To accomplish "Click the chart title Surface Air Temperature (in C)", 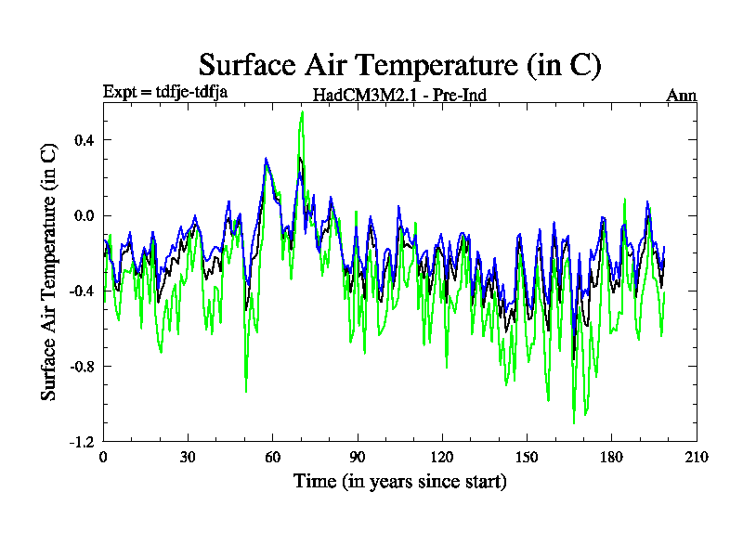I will pos(400,65).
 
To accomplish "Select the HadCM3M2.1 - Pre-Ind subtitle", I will pos(399,95).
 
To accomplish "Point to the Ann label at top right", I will pos(682,95).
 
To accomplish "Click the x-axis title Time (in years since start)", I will pos(400,482).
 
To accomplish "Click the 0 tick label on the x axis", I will pos(103,457).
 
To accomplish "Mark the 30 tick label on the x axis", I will pos(188,457).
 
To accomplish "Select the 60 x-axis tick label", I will pos(273,457).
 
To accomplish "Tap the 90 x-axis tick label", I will pos(358,457).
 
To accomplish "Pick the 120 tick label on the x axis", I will pos(442,457).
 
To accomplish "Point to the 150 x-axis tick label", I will pos(528,457).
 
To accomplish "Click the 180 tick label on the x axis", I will pos(612,457).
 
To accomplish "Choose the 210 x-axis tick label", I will pos(697,457).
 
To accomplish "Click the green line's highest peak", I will pos(302,112).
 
